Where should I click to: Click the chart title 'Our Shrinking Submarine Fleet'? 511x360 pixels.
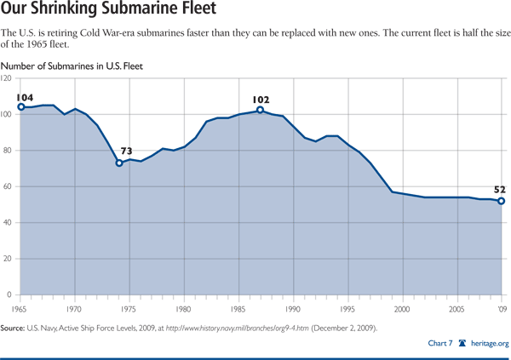coord(109,13)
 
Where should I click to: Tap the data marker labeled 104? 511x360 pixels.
coord(20,106)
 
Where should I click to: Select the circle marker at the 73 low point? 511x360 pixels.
coord(119,163)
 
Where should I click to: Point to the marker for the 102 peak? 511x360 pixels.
coord(260,110)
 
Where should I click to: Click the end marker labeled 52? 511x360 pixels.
coord(501,201)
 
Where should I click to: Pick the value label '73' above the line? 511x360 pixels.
coord(126,151)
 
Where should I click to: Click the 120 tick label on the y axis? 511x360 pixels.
coord(7,78)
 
